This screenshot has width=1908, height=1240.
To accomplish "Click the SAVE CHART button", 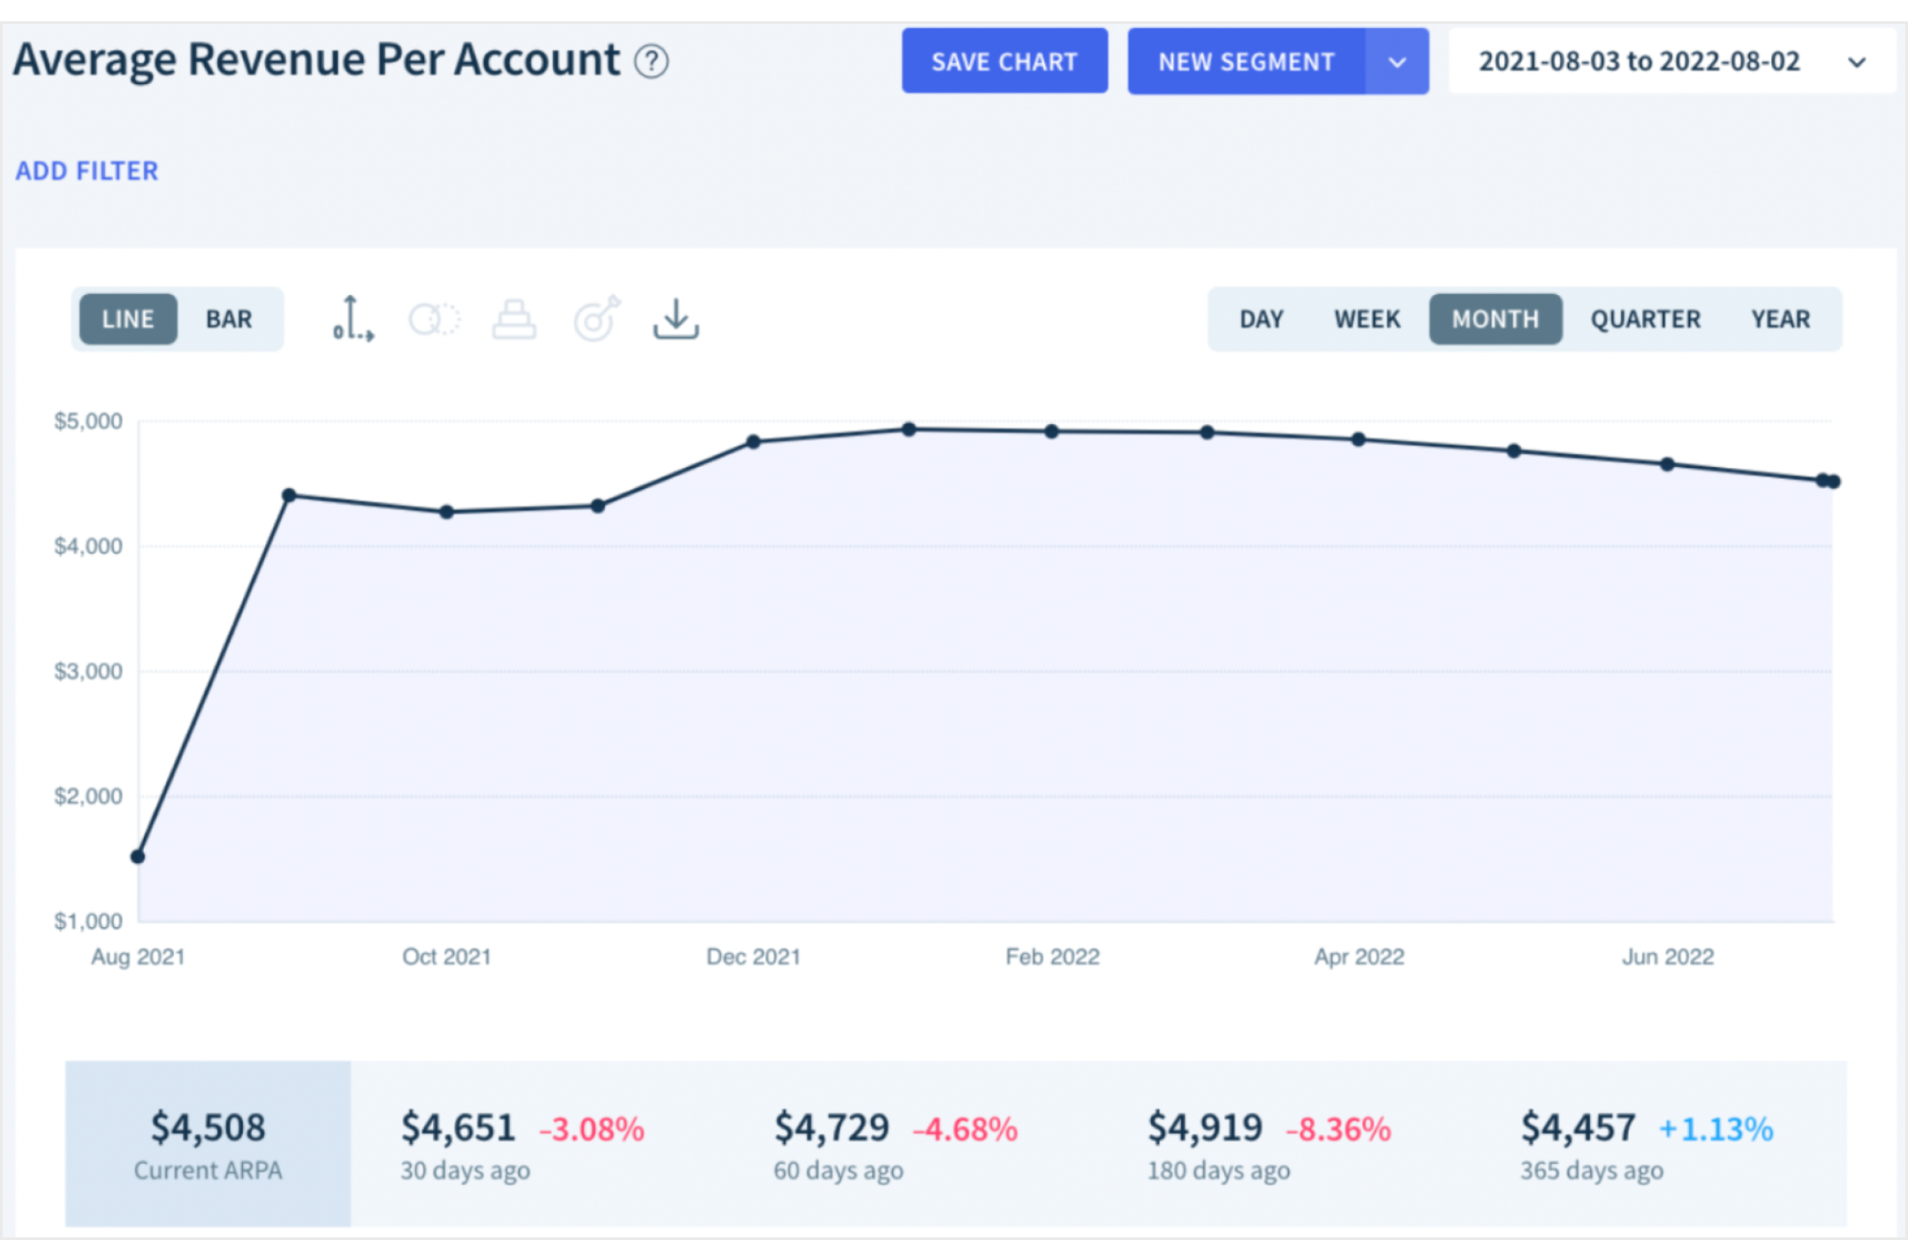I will (1004, 61).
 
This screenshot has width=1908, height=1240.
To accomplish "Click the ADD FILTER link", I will (87, 170).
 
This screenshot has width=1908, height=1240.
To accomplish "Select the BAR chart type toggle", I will (229, 319).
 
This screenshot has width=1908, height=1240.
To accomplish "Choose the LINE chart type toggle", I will (128, 319).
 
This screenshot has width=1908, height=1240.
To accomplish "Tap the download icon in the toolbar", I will (676, 319).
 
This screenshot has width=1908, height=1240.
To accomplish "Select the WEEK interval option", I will (1367, 319).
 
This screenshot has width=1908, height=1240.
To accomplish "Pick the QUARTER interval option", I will (1645, 319).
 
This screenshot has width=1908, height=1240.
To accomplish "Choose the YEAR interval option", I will (1780, 319).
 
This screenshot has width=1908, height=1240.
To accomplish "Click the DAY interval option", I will (1261, 319).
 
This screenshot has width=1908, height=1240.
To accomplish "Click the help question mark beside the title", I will (652, 62).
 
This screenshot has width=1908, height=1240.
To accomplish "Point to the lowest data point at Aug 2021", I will (138, 856).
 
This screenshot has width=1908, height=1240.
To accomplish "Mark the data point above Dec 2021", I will (753, 442).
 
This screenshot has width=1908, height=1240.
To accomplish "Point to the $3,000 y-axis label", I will (88, 671).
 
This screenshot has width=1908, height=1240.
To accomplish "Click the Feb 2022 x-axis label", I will (1052, 956).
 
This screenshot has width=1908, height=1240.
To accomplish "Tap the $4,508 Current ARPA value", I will (208, 1128).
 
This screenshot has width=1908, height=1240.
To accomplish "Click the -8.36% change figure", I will (1338, 1130).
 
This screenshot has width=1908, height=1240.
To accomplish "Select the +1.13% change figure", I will (1715, 1130).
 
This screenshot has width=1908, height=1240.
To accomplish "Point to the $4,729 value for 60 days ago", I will (831, 1128).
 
